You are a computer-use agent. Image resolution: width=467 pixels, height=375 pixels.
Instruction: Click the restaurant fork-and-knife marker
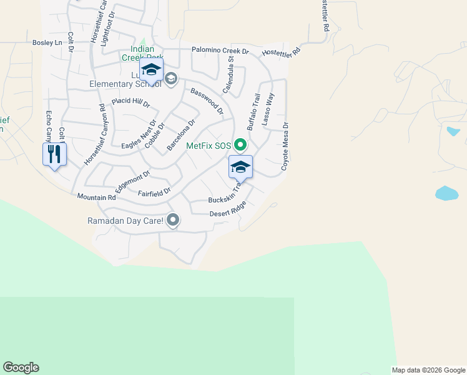[54, 154]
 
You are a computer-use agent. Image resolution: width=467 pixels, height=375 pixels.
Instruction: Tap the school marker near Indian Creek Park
[150, 69]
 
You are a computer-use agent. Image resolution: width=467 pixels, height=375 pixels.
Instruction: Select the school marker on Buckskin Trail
[240, 167]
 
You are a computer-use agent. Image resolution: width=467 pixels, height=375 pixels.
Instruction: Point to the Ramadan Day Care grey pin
[174, 220]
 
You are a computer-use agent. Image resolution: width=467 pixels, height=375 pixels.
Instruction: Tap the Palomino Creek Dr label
[220, 51]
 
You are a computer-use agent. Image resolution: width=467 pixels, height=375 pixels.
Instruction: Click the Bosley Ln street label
[48, 42]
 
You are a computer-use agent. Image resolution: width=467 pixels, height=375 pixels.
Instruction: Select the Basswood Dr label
[207, 100]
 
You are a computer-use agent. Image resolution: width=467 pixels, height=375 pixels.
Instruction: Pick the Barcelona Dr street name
[181, 135]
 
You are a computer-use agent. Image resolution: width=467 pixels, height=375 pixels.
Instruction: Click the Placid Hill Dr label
[130, 102]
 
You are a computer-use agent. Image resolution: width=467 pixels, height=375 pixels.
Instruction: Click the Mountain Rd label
[97, 197]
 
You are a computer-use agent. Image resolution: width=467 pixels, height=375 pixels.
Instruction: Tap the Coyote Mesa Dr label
[285, 146]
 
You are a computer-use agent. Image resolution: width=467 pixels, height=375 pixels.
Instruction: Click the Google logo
[21, 367]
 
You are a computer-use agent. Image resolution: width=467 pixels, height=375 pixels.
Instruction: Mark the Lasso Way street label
[268, 110]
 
